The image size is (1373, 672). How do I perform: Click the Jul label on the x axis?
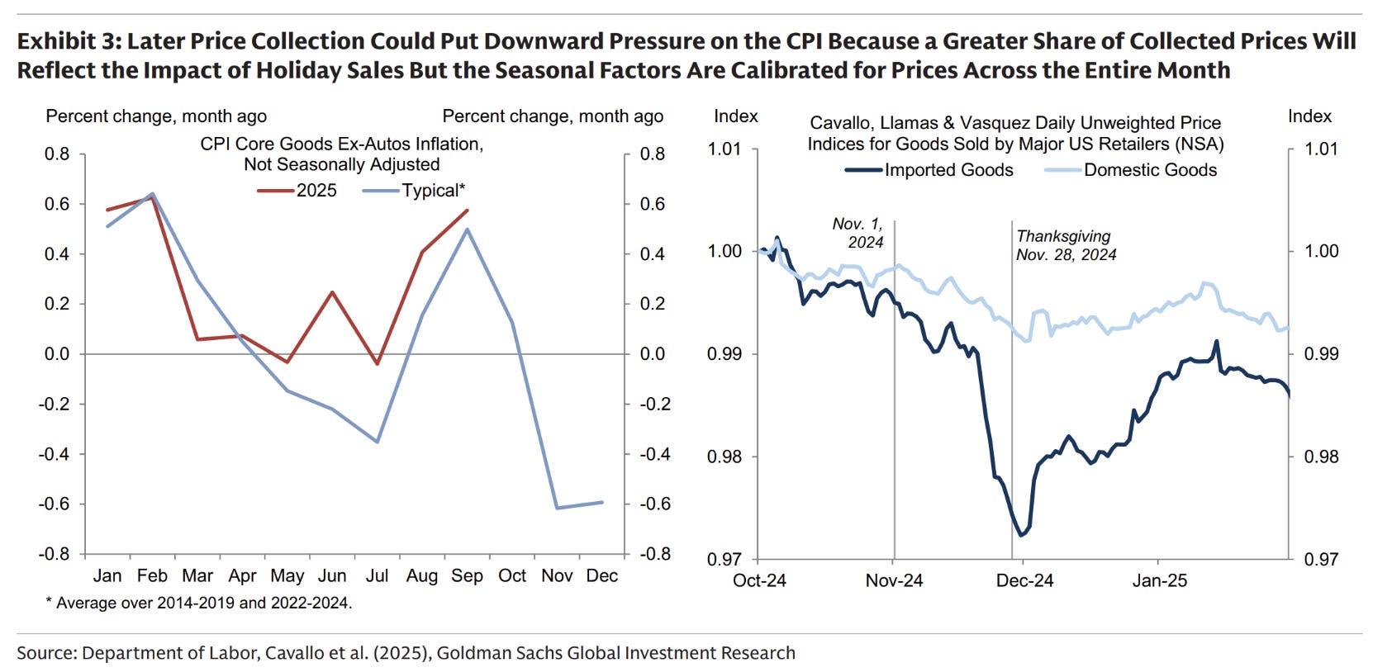tap(377, 575)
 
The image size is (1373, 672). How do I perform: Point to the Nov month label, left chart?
tap(557, 575)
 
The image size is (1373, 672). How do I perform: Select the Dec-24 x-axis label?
tap(1024, 580)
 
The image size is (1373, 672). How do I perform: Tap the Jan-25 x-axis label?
tap(1159, 580)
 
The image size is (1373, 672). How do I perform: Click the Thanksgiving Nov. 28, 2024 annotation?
tap(1066, 246)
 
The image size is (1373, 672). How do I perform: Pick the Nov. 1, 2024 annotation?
tap(858, 233)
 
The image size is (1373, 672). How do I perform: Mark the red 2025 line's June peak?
tap(332, 291)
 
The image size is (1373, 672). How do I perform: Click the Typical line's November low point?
tap(558, 508)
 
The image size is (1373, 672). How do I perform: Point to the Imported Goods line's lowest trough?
tap(1022, 535)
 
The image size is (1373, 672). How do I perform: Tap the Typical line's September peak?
tap(467, 230)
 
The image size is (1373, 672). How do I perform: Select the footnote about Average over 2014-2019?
tap(202, 603)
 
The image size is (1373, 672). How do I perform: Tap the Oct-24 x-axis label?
tap(759, 580)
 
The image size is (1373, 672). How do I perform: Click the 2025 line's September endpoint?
tap(468, 211)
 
